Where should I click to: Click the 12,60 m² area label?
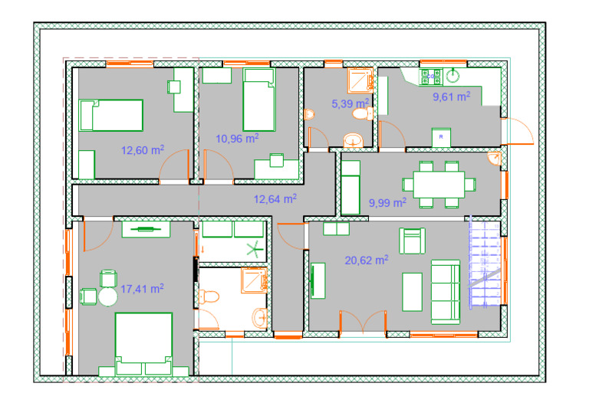(143, 150)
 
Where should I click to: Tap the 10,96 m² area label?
(238, 139)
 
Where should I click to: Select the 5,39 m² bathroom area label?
(350, 103)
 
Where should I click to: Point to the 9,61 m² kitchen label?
(452, 97)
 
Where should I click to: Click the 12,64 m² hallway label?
(275, 199)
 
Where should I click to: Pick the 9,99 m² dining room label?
(387, 202)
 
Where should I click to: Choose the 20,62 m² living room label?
(367, 260)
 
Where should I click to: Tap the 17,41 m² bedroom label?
(142, 289)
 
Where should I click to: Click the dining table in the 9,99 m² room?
(439, 185)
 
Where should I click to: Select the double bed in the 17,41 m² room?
(143, 344)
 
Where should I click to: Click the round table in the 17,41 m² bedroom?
(108, 296)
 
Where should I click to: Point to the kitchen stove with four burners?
(431, 77)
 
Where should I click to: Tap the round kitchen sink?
(453, 76)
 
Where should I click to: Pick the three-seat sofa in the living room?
(446, 292)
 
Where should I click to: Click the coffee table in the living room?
(412, 292)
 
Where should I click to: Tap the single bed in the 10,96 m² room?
(258, 100)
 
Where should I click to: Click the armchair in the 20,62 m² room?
(412, 241)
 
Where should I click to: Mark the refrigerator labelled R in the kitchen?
(442, 137)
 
